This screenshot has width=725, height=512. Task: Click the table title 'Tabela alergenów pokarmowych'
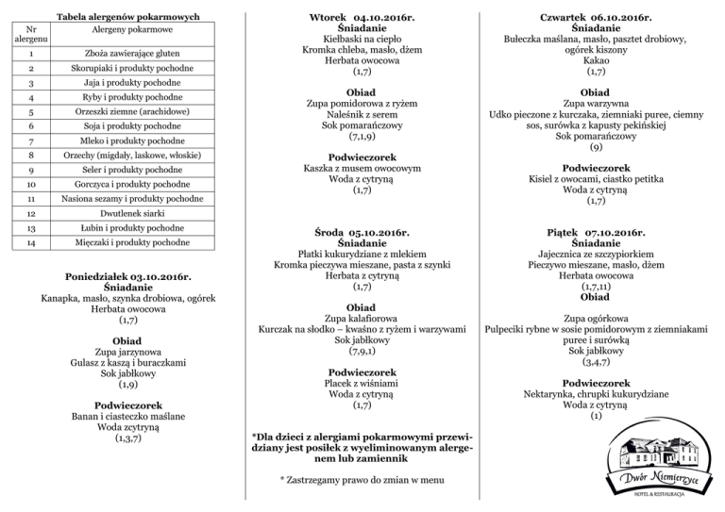tap(127, 16)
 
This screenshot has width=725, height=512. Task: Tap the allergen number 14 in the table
tap(31, 243)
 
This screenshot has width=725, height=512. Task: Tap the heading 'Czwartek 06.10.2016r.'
tap(596, 17)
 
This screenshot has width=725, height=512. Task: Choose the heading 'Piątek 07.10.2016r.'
tap(596, 232)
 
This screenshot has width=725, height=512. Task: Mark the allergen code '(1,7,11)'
tap(596, 287)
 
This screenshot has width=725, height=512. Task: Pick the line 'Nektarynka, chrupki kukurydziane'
tap(596, 394)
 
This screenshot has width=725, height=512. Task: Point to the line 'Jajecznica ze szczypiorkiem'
tap(596, 255)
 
